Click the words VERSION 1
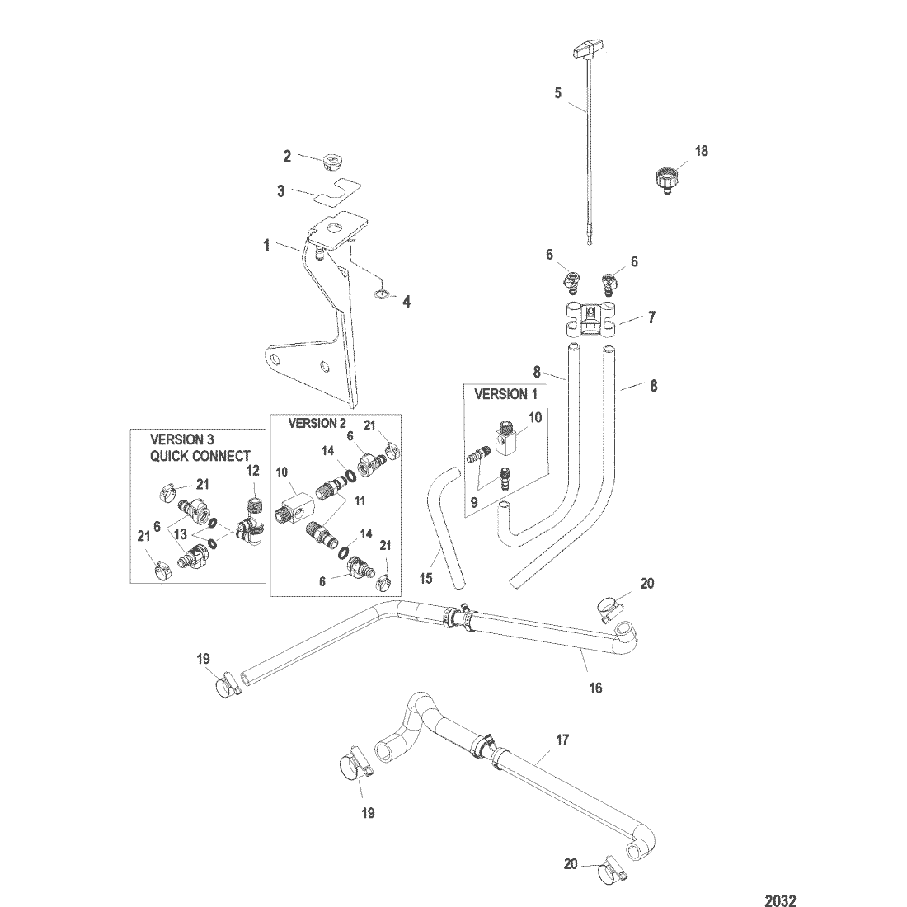(x=505, y=394)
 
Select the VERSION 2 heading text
(x=317, y=424)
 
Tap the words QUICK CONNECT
(x=200, y=456)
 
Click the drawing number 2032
(x=780, y=900)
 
